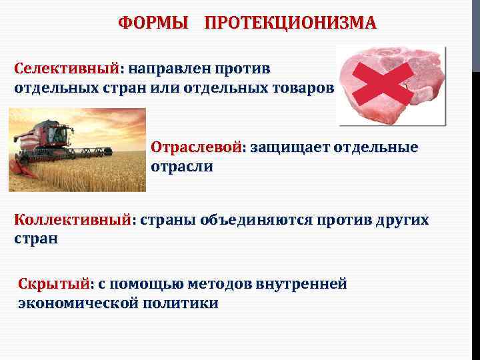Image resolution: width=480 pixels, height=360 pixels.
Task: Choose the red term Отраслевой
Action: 196,147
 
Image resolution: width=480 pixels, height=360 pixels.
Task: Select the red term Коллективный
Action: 73,220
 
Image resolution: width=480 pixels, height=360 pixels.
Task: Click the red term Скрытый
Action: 53,284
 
